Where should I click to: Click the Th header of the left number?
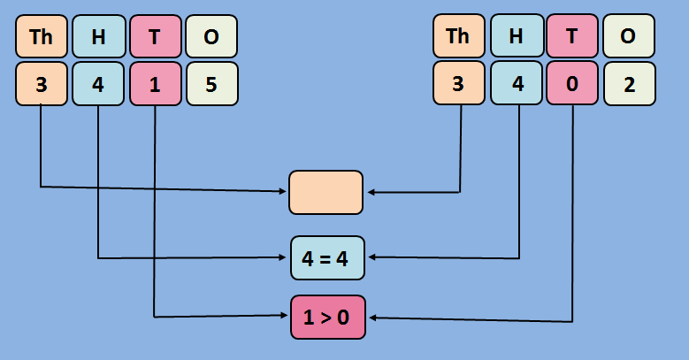coord(42,36)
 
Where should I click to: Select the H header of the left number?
coord(97,36)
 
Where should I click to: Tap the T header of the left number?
coord(155,36)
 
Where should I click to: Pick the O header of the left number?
coord(211,36)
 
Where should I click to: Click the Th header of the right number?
coord(458,36)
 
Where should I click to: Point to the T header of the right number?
coord(572,36)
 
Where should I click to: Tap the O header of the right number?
coord(629,36)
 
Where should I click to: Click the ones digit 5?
coord(211,84)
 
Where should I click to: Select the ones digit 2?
coord(629,84)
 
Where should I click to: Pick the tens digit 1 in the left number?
coord(155,84)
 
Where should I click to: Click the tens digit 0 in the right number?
coord(572,84)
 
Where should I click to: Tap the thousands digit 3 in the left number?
coord(42,84)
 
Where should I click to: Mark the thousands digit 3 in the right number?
coord(458,84)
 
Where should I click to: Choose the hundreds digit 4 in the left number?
coord(97,84)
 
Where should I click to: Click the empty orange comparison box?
coord(325,192)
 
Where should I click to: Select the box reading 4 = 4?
coord(325,258)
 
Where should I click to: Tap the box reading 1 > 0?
coord(327,317)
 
